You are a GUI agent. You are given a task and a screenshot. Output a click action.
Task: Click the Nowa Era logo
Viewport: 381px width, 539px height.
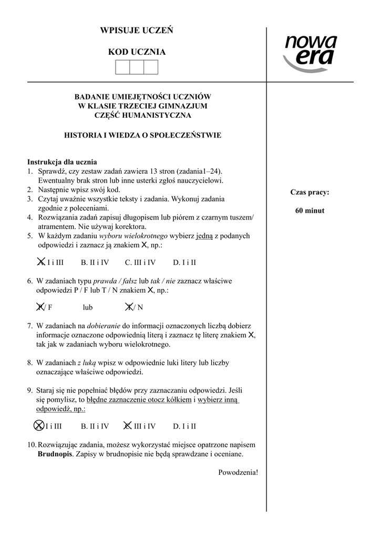coord(310,53)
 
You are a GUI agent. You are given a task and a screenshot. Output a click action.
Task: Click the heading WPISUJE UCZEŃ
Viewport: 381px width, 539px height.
coord(137,31)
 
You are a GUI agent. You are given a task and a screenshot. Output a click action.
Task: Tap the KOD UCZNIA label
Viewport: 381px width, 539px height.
coord(137,52)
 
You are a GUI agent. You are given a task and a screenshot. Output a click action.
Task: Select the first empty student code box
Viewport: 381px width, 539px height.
coord(122,67)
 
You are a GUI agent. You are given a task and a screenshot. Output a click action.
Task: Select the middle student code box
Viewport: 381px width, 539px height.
coord(137,67)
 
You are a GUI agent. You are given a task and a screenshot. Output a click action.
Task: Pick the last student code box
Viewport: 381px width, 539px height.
coord(151,67)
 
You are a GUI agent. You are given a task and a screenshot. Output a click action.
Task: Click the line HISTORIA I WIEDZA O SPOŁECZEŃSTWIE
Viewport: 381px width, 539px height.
coord(142,135)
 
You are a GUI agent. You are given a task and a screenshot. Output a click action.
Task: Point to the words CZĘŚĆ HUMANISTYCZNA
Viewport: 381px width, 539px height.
coord(142,115)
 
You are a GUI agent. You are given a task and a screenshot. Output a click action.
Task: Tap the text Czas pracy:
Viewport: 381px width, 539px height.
coord(310,192)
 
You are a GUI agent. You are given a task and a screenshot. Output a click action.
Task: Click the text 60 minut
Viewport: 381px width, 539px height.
coord(310,211)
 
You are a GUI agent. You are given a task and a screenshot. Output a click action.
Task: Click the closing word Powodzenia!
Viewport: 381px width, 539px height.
coord(238,472)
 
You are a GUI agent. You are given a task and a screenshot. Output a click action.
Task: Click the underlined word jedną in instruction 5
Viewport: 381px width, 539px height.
coord(204,236)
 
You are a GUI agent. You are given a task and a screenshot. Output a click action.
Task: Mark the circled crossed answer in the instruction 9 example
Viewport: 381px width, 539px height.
coord(38,426)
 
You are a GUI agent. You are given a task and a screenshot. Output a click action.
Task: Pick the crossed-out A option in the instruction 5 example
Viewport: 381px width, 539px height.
coord(40,262)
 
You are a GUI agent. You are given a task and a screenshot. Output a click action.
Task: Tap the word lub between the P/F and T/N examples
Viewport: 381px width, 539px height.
coord(87,307)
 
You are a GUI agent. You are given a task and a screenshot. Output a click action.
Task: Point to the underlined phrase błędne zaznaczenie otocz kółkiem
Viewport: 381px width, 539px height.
coord(139,400)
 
